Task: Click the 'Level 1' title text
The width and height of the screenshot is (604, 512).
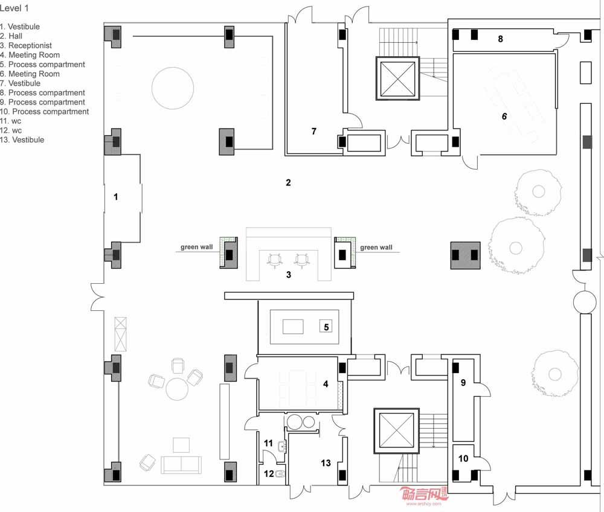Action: [x=14, y=8]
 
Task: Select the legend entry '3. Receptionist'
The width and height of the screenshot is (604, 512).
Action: [x=26, y=45]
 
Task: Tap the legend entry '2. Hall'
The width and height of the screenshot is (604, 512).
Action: [x=11, y=36]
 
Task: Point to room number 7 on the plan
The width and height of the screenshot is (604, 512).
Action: [x=314, y=131]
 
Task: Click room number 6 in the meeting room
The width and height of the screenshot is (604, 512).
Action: [x=504, y=117]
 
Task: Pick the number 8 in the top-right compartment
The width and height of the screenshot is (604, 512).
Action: [x=500, y=39]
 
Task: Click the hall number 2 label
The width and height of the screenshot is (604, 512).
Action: [x=288, y=182]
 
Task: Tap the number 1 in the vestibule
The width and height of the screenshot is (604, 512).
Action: [x=115, y=197]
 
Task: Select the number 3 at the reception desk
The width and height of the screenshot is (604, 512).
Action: [x=289, y=275]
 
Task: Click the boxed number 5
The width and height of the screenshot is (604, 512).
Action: [x=326, y=327]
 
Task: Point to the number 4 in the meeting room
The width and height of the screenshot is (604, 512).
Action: [x=326, y=384]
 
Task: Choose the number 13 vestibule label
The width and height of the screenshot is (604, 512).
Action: [x=326, y=462]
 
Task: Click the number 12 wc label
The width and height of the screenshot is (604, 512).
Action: [x=269, y=473]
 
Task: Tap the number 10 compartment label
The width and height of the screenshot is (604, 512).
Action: [x=463, y=458]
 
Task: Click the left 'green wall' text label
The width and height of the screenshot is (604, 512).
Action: [x=196, y=247]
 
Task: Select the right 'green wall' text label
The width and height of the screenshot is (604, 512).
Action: [x=376, y=248]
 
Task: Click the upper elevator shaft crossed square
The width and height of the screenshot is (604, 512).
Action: [x=397, y=78]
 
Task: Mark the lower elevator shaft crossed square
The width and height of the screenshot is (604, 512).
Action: [x=396, y=430]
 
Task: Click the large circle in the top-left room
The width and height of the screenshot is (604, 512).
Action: [x=173, y=88]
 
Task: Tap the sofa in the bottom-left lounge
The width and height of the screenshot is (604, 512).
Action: [x=181, y=465]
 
